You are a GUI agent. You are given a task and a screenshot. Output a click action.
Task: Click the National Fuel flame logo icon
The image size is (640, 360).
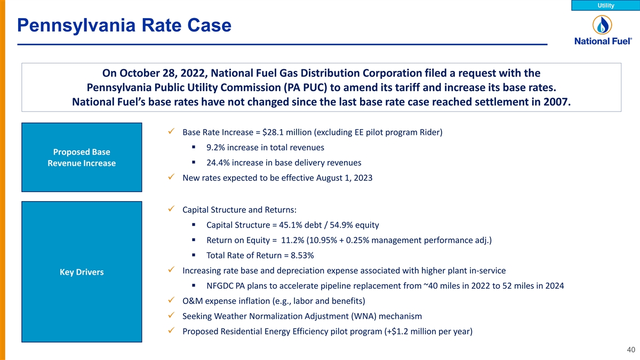(x=602, y=25)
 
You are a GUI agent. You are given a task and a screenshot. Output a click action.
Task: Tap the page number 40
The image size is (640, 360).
(x=631, y=350)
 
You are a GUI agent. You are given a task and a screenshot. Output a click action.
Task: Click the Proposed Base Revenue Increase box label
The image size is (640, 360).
(x=82, y=157)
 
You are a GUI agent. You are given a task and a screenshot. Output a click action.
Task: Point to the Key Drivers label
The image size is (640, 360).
(x=82, y=273)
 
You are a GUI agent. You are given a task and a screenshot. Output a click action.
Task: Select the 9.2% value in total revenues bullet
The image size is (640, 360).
(x=215, y=147)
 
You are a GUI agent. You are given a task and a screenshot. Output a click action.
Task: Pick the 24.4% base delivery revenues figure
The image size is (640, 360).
(x=218, y=163)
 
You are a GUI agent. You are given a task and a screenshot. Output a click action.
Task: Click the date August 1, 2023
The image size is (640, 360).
(x=342, y=178)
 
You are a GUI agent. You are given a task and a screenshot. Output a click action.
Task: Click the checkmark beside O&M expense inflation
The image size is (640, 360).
(x=170, y=300)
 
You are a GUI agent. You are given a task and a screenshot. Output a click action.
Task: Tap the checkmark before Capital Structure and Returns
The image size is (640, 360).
(x=170, y=209)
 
